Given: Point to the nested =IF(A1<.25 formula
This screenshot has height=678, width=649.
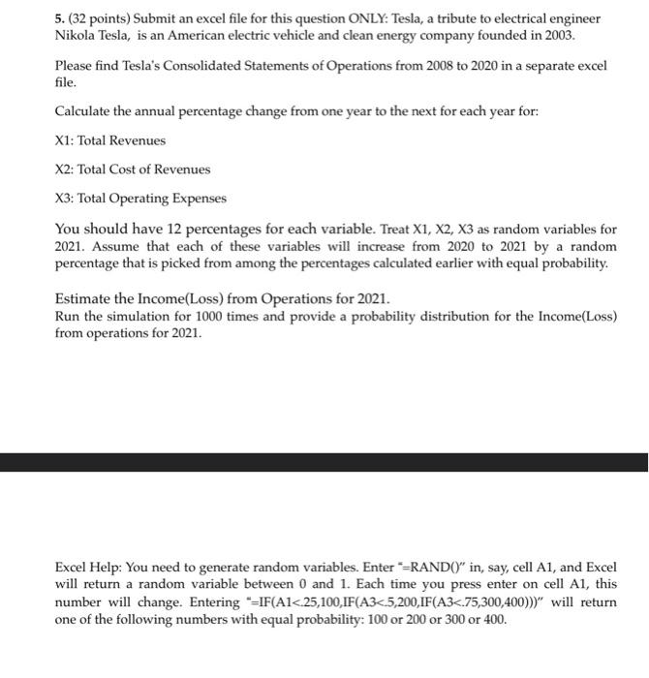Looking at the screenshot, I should (x=320, y=602).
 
